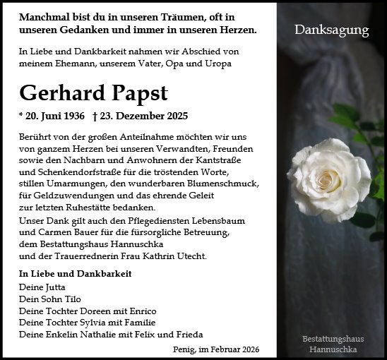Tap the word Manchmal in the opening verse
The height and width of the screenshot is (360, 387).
(47, 16)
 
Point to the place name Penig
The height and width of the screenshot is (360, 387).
(183, 349)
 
